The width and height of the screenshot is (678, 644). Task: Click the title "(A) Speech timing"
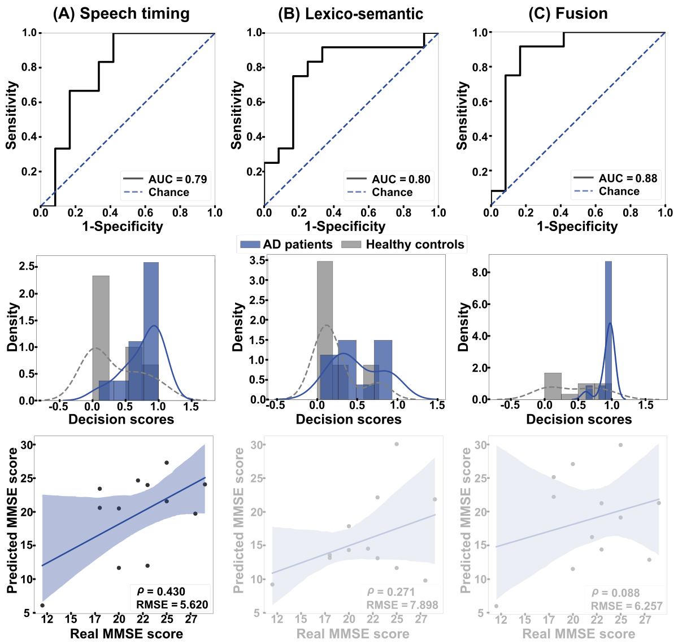tap(121, 14)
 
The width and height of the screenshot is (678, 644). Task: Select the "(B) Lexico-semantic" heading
tap(350, 14)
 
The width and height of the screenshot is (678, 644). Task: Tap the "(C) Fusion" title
tap(568, 14)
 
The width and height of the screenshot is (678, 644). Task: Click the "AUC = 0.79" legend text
tap(177, 180)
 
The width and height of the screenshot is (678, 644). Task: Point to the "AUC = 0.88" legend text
tap(628, 179)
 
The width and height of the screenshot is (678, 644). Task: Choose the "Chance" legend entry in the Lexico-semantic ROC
tap(392, 193)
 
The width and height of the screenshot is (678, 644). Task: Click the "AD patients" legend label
tap(298, 245)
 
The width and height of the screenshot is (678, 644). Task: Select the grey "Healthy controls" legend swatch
tap(351, 245)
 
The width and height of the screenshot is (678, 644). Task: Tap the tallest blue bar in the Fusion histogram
tap(609, 330)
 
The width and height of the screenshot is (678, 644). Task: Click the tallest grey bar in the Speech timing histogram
tap(101, 338)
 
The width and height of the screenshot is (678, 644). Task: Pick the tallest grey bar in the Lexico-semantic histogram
tap(325, 330)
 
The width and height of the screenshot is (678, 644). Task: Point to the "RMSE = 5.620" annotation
tap(172, 605)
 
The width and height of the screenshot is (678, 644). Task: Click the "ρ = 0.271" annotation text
tap(391, 592)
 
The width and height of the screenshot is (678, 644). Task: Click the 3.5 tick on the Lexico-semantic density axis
tap(258, 260)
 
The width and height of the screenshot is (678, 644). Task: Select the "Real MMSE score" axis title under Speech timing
tap(127, 634)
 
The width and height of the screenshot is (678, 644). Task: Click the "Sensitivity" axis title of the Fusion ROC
tap(462, 115)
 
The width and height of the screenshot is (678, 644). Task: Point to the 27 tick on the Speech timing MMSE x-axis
tap(192, 620)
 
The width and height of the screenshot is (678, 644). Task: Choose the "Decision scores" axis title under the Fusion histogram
tap(579, 420)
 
